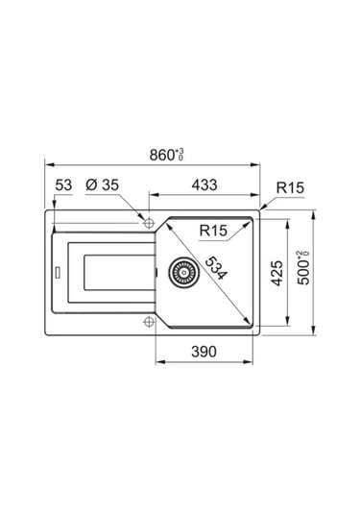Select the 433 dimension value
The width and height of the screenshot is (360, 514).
point(204,184)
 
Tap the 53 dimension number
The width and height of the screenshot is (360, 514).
point(63,184)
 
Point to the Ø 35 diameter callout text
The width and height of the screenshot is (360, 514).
point(102,184)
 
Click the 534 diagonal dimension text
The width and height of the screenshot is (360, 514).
point(215,269)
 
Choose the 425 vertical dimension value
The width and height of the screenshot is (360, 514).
point(277,273)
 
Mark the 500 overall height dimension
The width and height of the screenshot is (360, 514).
point(303,267)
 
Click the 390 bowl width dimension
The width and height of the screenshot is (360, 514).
point(204,352)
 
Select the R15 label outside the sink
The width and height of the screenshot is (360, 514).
point(290,188)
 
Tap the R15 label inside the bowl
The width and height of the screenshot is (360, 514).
point(213,231)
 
